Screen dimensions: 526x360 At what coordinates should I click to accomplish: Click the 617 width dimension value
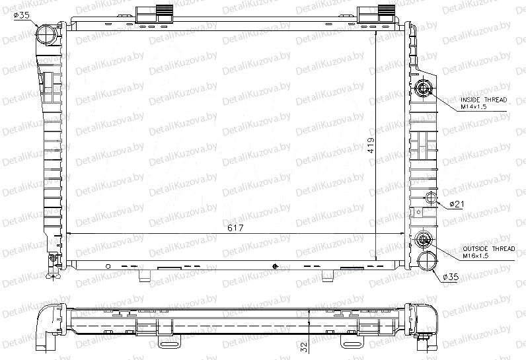(x=235, y=228)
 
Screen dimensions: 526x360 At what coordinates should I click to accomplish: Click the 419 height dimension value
(x=371, y=145)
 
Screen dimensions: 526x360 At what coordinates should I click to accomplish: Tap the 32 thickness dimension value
(x=304, y=347)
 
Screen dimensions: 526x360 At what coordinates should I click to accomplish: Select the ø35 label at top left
(x=22, y=15)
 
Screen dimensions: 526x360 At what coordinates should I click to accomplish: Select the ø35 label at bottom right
(x=451, y=277)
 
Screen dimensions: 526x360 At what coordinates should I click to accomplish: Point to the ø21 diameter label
(x=457, y=204)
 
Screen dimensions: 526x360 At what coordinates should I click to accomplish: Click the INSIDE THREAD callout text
(x=484, y=100)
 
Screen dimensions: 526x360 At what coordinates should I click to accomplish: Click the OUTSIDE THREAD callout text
(x=489, y=249)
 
